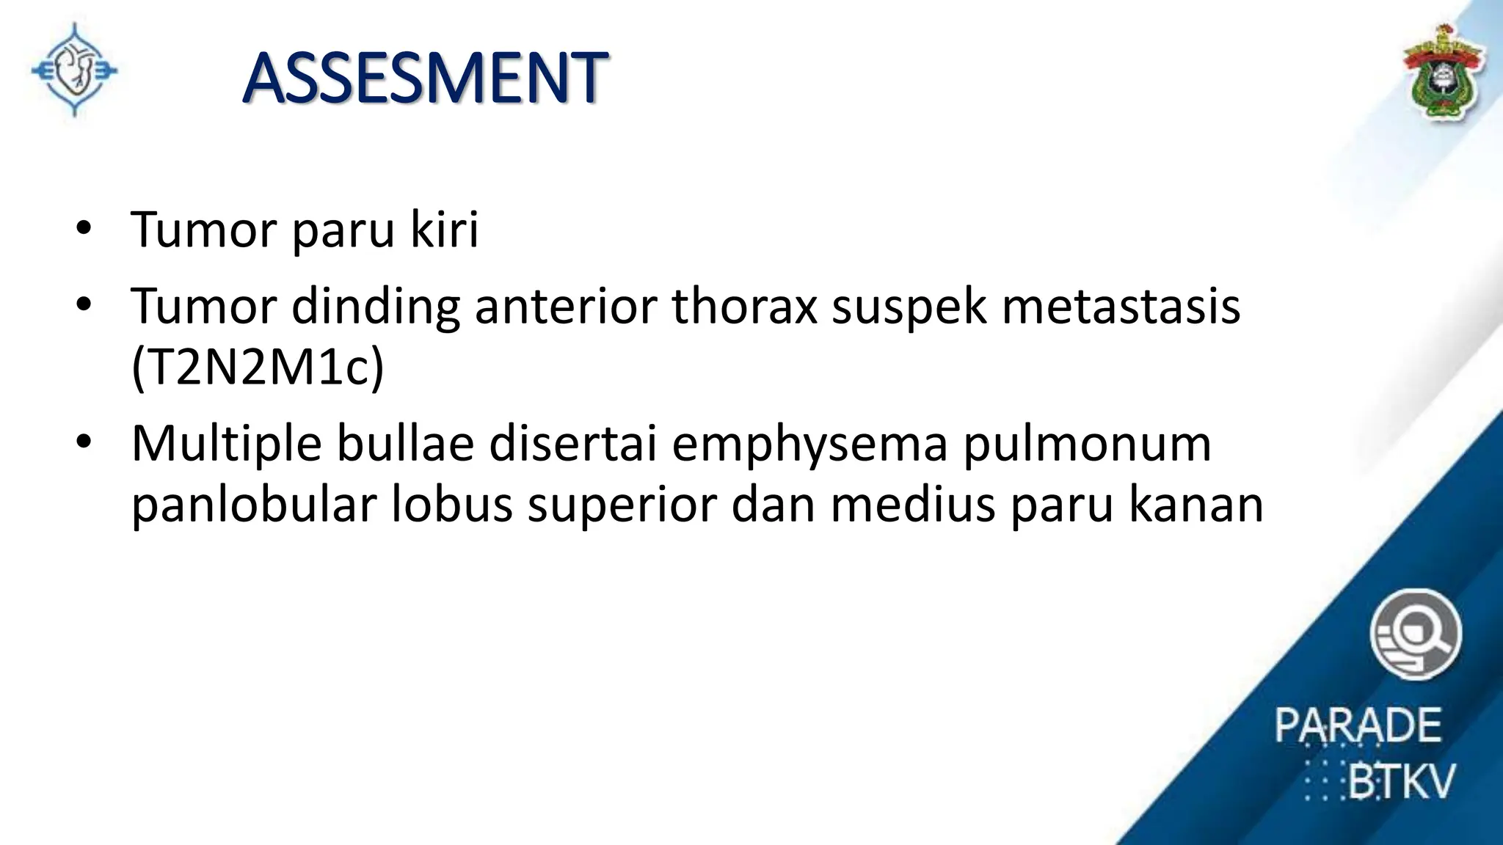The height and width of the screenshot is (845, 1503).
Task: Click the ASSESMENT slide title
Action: [425, 78]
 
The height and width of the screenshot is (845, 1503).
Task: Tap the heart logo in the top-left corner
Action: [74, 70]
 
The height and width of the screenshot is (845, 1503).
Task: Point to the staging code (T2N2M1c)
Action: [258, 366]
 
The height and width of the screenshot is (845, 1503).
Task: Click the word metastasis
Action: [1121, 306]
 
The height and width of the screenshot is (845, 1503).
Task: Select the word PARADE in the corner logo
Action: [1358, 725]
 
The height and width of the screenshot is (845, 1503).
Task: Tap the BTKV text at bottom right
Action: [1400, 781]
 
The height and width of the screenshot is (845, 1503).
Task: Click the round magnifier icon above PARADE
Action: [1415, 634]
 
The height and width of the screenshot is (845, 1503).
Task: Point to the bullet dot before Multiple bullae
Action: [84, 442]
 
